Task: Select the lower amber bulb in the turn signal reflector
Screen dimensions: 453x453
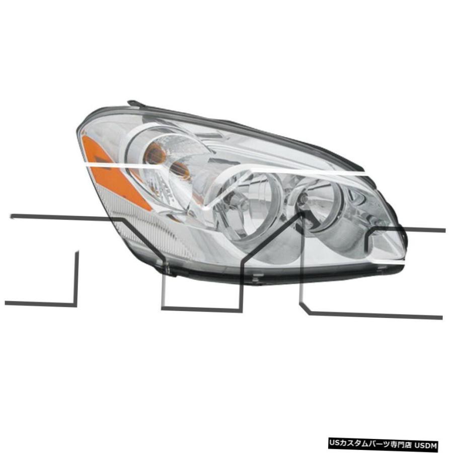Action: coord(179,171)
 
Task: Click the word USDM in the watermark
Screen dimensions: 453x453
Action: coord(427,445)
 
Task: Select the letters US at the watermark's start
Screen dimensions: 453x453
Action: coord(334,445)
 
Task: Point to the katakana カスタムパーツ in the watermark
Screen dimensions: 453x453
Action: coord(364,445)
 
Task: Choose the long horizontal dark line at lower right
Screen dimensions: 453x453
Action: coord(375,315)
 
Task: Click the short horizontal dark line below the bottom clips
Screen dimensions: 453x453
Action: coord(201,310)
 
